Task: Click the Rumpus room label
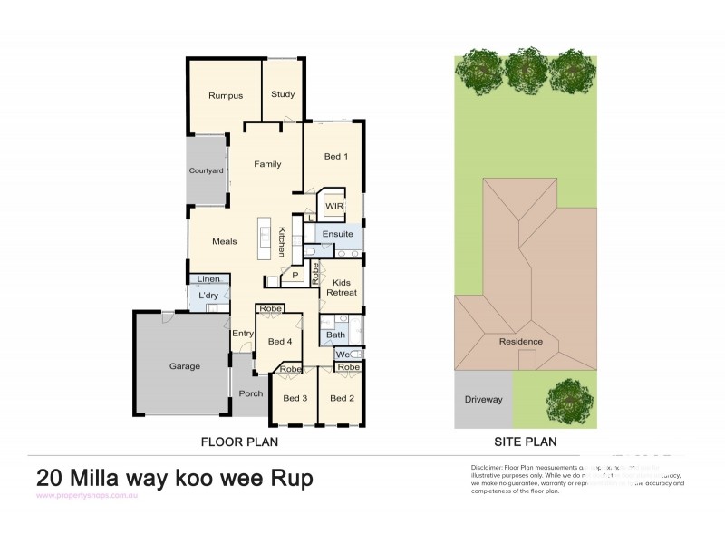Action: (x=224, y=95)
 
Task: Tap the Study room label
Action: (x=283, y=93)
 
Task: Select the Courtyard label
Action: (x=206, y=170)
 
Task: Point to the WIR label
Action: (x=333, y=206)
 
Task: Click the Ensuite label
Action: (x=337, y=234)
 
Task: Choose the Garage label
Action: (x=184, y=366)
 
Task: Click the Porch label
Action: (x=250, y=393)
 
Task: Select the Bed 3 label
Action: (x=295, y=398)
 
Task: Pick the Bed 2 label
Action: (x=342, y=398)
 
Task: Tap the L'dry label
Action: (x=207, y=296)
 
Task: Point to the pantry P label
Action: (x=295, y=275)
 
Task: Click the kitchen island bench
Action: (x=266, y=237)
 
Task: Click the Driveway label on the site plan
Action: (x=483, y=399)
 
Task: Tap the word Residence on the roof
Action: (x=521, y=342)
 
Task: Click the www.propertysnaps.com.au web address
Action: (x=86, y=496)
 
